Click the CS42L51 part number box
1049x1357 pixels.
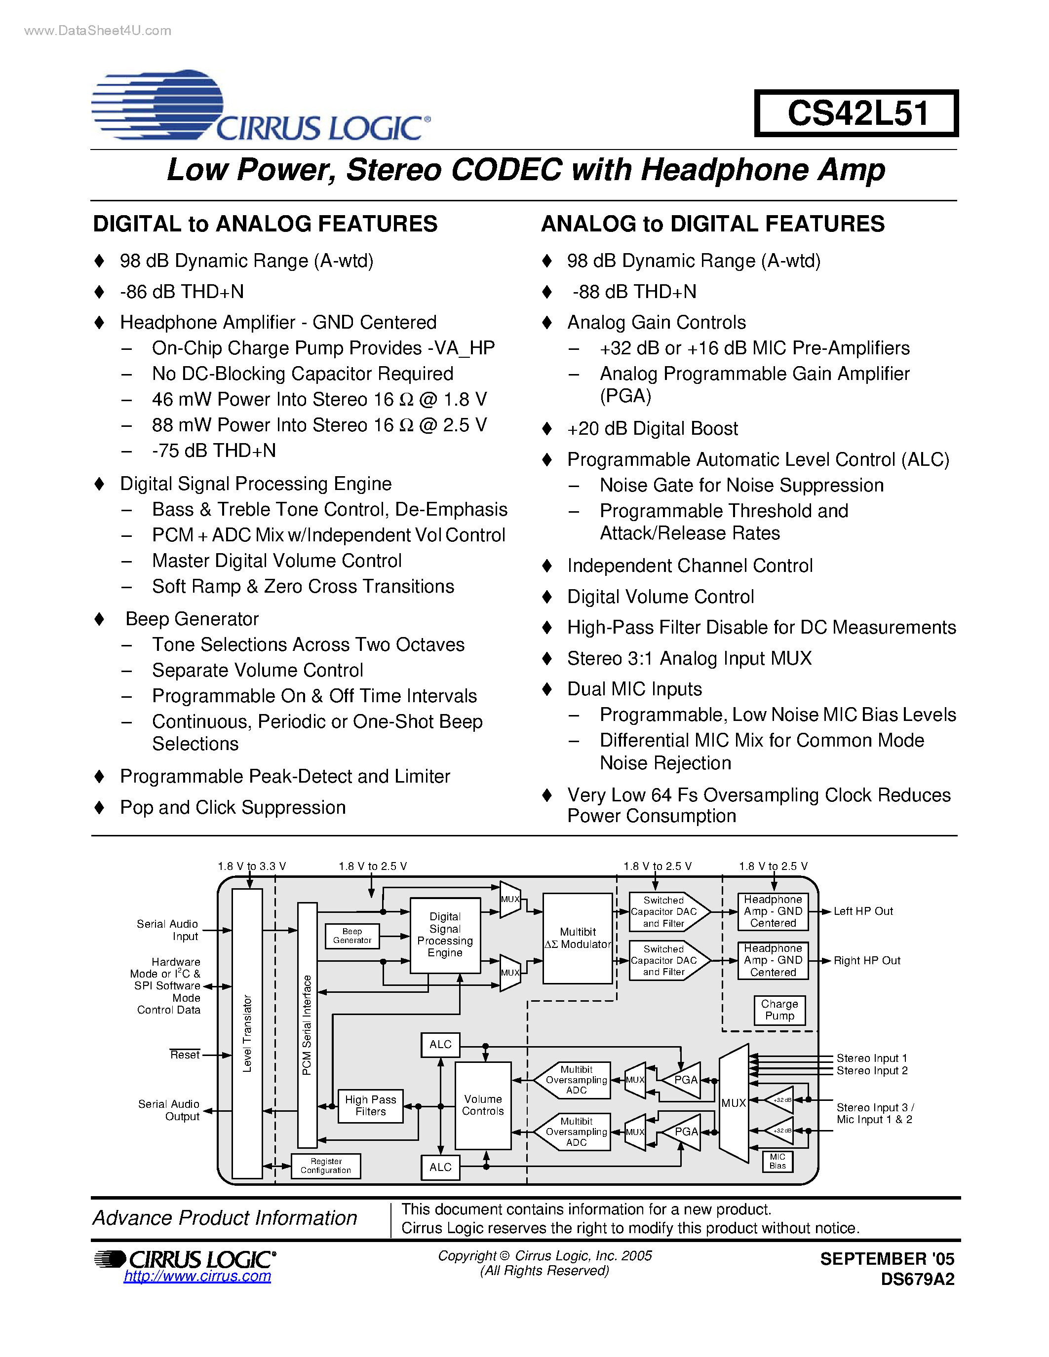click(x=856, y=113)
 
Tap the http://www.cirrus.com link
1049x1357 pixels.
click(x=197, y=1276)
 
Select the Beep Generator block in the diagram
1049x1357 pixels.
click(x=352, y=936)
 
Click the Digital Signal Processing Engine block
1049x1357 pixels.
click(x=445, y=935)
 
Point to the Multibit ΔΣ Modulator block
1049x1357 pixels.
click(x=578, y=938)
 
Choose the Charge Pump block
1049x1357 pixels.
click(x=779, y=1010)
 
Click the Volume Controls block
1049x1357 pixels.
click(x=483, y=1105)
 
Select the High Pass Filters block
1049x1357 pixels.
click(x=370, y=1105)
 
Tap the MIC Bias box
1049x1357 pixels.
click(x=777, y=1161)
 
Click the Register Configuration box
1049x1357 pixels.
click(x=326, y=1166)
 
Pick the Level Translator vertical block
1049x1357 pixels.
click(x=247, y=1033)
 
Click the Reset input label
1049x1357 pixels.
click(x=185, y=1055)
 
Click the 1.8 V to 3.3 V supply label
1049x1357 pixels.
click(x=252, y=866)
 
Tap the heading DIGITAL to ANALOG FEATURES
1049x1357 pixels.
click(x=266, y=224)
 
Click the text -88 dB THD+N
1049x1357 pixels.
click(x=634, y=292)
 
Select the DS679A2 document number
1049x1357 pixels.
click(x=917, y=1279)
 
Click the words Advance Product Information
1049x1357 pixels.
click(x=225, y=1218)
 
